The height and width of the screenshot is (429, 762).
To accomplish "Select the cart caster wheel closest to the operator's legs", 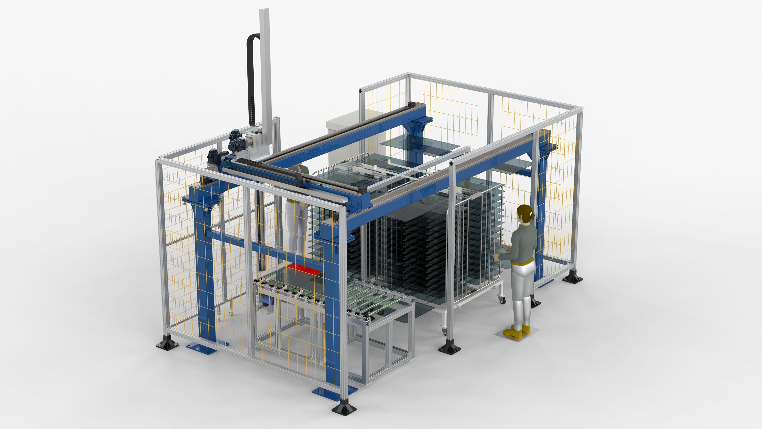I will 502,300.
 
